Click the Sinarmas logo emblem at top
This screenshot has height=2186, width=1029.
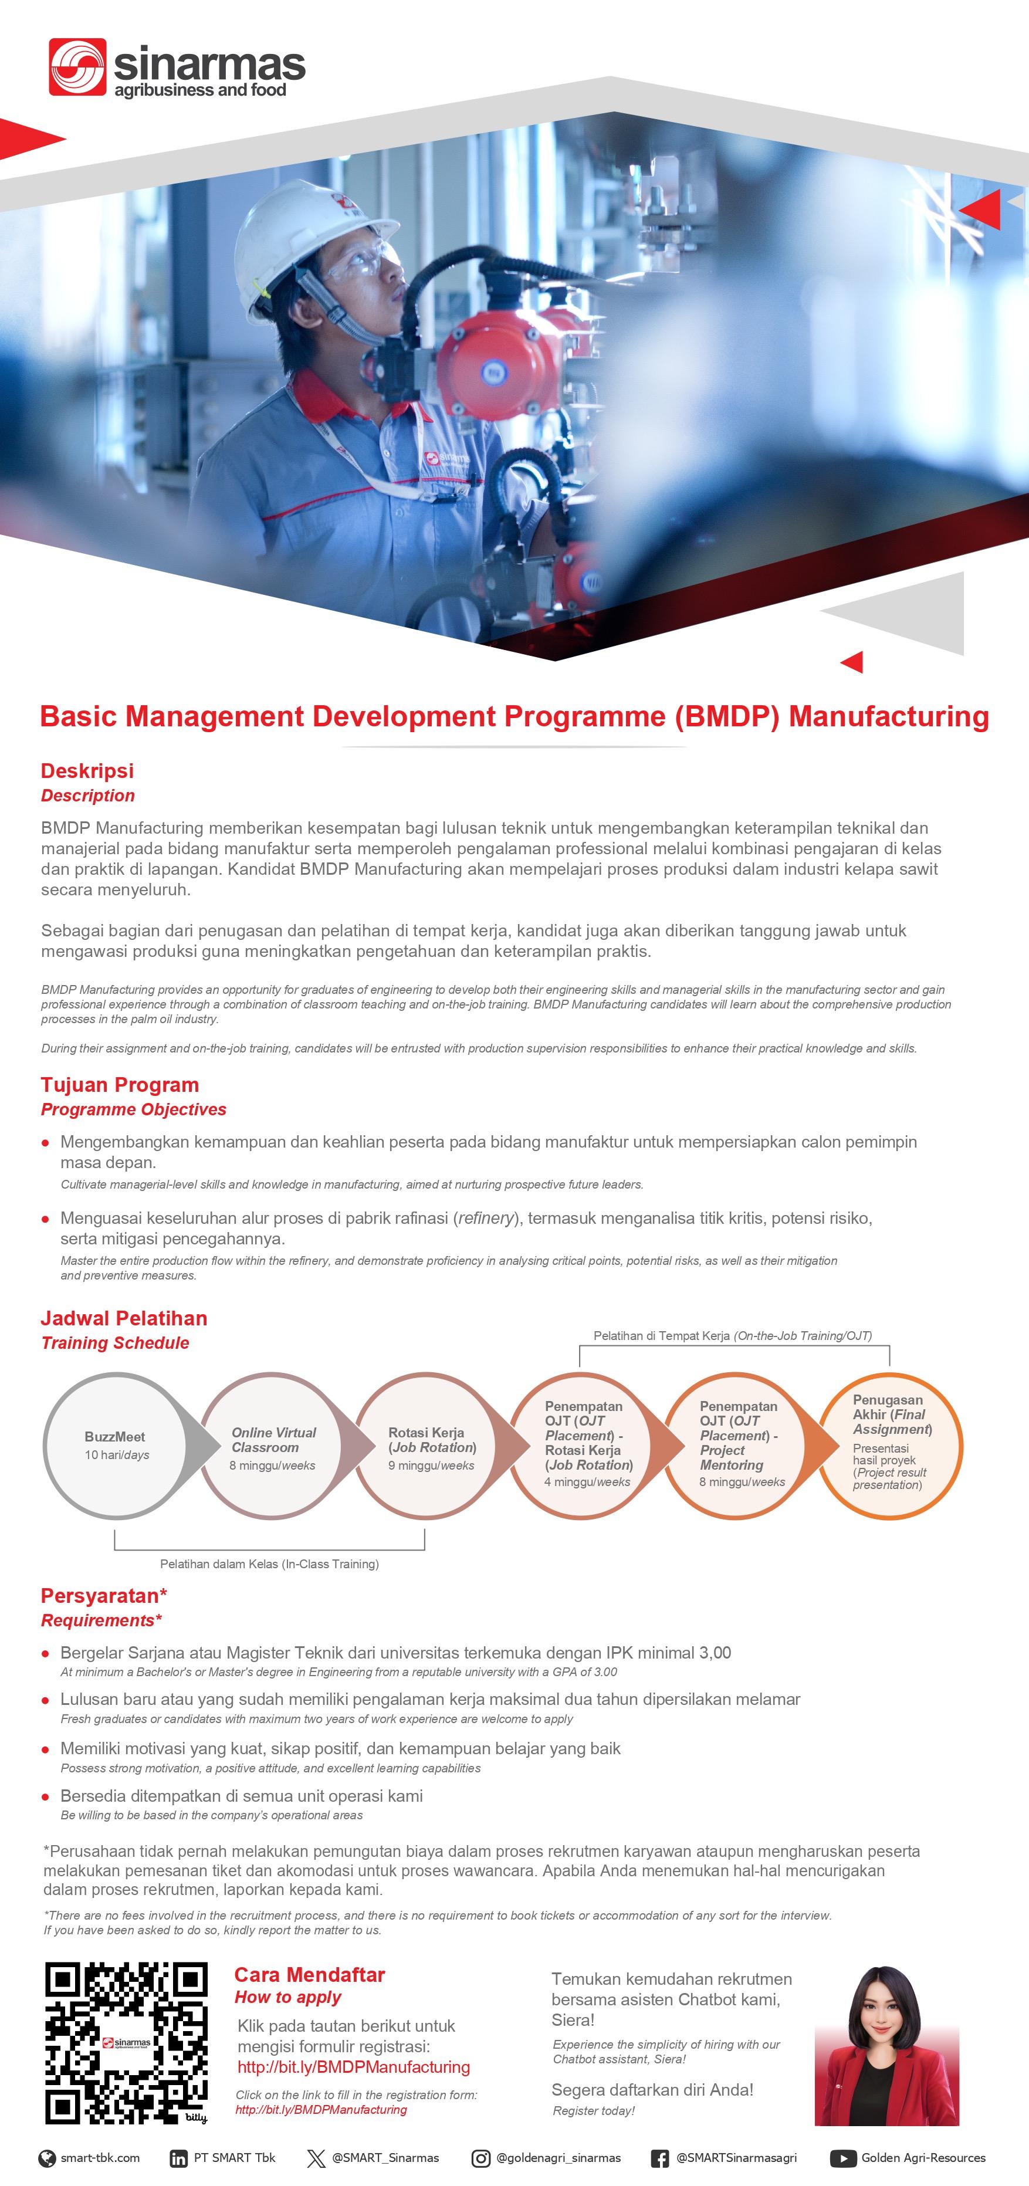(77, 66)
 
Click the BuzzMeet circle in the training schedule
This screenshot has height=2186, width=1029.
(116, 1445)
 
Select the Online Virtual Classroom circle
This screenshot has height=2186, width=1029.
(273, 1445)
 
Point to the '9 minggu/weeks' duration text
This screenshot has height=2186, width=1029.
(431, 1466)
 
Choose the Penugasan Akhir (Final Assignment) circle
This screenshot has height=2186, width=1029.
(891, 1444)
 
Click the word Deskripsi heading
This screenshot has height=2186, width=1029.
(87, 770)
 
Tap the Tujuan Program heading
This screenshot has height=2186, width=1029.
(120, 1085)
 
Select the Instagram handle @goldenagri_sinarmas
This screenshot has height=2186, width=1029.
(557, 2158)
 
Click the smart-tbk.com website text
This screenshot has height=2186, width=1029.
(100, 2158)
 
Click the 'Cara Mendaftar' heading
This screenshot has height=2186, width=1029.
(310, 1975)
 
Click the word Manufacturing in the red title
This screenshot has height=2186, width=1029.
(889, 716)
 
